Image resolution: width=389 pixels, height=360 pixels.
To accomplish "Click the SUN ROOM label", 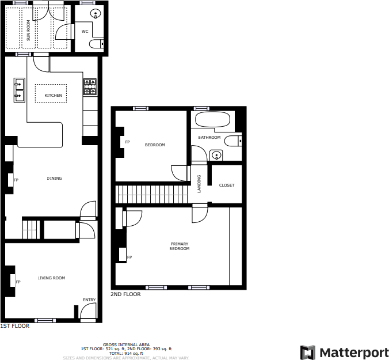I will click(28, 31).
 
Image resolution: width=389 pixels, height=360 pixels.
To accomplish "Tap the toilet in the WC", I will click(97, 43).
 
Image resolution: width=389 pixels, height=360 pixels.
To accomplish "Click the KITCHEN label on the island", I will click(53, 95).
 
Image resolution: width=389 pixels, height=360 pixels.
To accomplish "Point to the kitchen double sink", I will click(19, 89).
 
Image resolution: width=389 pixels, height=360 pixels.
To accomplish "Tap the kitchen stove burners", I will click(90, 86).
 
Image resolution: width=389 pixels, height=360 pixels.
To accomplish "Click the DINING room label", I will click(54, 178).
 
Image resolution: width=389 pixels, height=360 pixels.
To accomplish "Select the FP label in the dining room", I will click(16, 180).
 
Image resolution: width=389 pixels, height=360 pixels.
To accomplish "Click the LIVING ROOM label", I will click(51, 278).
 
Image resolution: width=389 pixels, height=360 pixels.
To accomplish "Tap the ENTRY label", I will click(89, 300).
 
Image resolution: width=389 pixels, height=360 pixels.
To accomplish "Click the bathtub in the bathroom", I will click(212, 121).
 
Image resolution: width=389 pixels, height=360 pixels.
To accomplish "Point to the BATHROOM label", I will click(209, 138).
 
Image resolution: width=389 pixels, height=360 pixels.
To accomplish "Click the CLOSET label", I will click(227, 185).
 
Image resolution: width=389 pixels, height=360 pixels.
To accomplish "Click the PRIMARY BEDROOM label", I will click(180, 246).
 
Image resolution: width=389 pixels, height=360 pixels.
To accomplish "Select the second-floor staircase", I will click(153, 194).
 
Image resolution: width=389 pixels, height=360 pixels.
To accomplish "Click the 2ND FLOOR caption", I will click(125, 294).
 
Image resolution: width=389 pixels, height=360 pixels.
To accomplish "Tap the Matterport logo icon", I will click(308, 352).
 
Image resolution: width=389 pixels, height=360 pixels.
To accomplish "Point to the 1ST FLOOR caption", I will click(14, 326).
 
